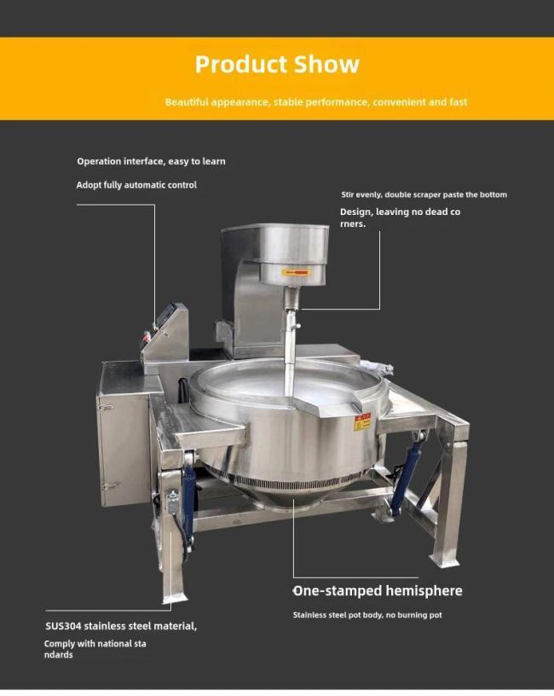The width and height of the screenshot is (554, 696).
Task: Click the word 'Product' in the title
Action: pos(241,64)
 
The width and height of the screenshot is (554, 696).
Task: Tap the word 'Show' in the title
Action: pos(327,64)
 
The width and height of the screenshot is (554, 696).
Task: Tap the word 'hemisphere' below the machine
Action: pos(424,591)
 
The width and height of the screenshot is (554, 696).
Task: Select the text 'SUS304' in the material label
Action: pos(63,626)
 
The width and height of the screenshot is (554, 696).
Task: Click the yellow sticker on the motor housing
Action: pos(297,271)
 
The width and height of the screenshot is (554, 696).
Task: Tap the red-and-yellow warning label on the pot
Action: pos(362,422)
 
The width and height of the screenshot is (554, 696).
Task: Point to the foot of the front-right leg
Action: pos(445,560)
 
